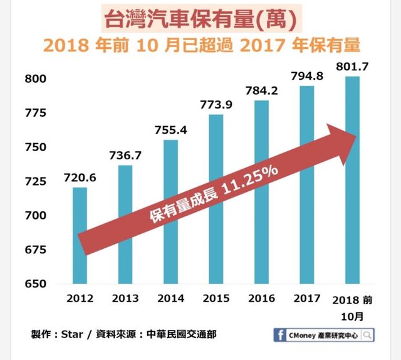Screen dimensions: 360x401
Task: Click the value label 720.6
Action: tap(80, 177)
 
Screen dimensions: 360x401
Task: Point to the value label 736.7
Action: tap(125, 155)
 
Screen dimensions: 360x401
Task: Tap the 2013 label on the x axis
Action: tap(125, 299)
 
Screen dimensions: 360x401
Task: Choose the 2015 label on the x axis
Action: tap(216, 299)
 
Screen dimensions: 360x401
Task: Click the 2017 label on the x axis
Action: tap(306, 299)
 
